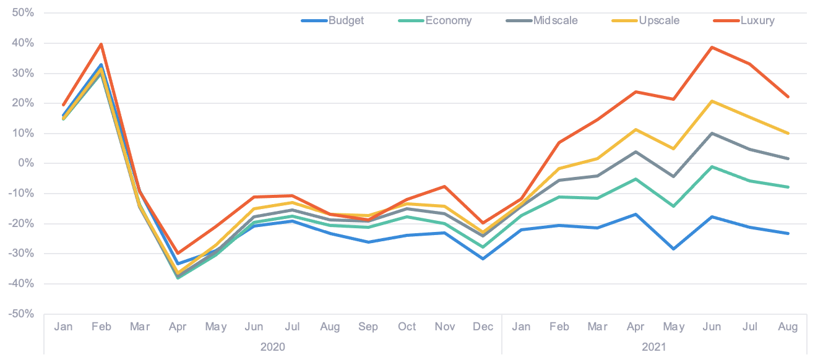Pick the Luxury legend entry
[x=756, y=20]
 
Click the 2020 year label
[x=273, y=347]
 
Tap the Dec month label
[x=483, y=327]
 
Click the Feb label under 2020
[x=101, y=327]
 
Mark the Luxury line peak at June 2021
[x=712, y=47]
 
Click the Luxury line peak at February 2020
[x=101, y=44]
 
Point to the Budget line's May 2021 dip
[x=674, y=249]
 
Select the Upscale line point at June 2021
[x=712, y=100]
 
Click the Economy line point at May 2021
[x=674, y=206]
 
